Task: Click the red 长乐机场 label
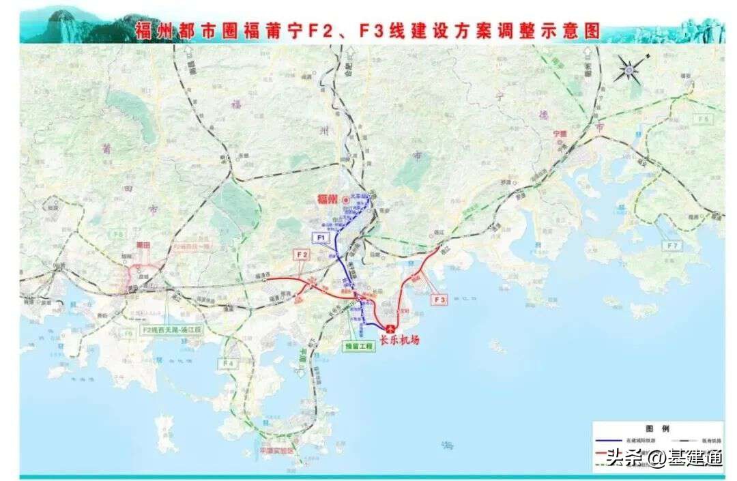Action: pos(399,339)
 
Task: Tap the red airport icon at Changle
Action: pos(390,328)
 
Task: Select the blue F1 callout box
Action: pos(321,238)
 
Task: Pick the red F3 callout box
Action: pos(439,298)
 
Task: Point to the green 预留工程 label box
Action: pos(360,346)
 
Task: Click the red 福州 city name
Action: pos(328,199)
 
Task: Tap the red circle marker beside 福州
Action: pos(347,199)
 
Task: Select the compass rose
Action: pos(631,68)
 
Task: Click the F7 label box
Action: pos(672,245)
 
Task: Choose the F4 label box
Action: pos(227,364)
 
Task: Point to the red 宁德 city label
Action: pos(560,134)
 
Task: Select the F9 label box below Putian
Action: pos(128,334)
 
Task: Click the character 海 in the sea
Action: pos(448,446)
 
